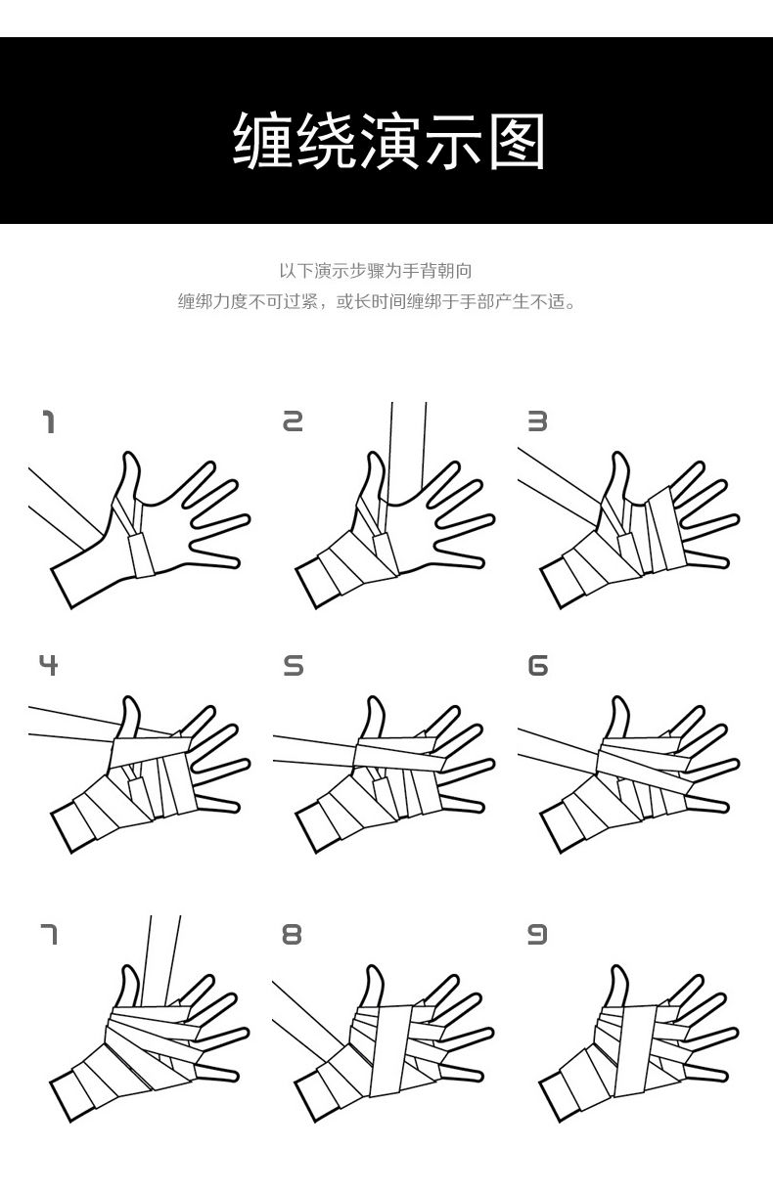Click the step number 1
(49, 421)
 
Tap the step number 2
(293, 421)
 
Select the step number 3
(537, 421)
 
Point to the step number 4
(49, 665)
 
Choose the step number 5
(293, 666)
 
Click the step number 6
(537, 666)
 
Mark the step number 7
(49, 935)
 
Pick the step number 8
(293, 935)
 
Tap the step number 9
(537, 935)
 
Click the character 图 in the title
(517, 141)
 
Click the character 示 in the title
(453, 141)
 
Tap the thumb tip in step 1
(128, 455)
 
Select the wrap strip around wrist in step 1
(142, 555)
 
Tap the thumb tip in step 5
(373, 699)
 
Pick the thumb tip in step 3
(618, 455)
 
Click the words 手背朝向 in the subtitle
(437, 271)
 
